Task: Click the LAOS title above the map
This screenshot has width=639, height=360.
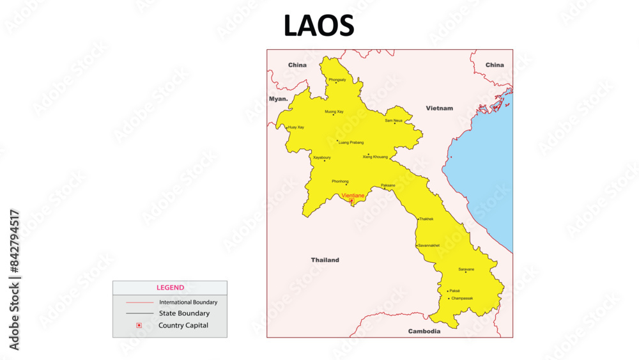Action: pos(319,26)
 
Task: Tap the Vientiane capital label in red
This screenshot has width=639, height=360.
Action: pos(353,195)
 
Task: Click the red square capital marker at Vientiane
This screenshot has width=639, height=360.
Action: pos(351,201)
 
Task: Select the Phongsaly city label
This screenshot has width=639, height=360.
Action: pos(337,79)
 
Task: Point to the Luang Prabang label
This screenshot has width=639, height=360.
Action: pos(351,142)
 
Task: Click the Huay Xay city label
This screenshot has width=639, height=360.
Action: pos(296,127)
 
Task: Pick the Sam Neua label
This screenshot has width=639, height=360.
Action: pos(394,120)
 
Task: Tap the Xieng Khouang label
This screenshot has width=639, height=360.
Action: pos(375,157)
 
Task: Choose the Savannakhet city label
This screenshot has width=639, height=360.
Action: pos(429,246)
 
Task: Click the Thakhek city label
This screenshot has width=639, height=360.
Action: pos(426,219)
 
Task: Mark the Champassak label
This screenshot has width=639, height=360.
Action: pos(462,298)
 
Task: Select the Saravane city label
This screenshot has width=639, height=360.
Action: pos(466,269)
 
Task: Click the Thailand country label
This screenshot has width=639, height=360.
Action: pos(325,260)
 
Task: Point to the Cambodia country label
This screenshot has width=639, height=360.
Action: pos(424,331)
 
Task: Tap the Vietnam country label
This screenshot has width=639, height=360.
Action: pos(440,108)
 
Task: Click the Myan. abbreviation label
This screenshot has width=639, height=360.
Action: pos(278,99)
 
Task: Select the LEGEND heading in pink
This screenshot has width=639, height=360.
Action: pos(170,288)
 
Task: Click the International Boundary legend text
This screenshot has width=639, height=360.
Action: pos(188,302)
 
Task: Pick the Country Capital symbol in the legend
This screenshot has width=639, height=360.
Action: pos(139,325)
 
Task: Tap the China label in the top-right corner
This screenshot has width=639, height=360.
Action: pos(494,65)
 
